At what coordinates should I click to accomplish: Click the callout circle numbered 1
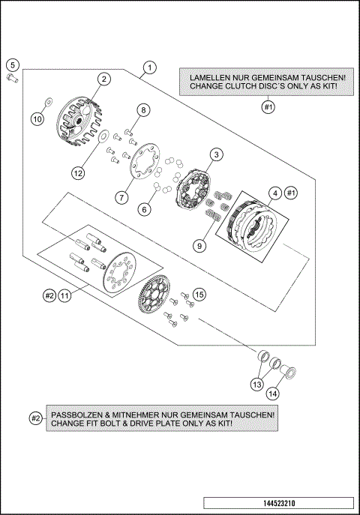150,67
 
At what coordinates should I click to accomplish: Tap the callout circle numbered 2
104,79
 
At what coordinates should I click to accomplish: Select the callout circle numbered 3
217,154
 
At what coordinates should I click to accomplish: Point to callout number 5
13,64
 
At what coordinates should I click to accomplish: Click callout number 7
121,197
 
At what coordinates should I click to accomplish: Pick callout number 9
199,245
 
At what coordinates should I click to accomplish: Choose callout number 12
78,172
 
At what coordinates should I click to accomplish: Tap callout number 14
273,393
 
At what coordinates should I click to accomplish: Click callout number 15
199,295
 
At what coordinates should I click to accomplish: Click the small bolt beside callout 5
12,79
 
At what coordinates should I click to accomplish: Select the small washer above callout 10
48,101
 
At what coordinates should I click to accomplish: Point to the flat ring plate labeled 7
145,161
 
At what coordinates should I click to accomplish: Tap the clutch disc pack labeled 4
252,226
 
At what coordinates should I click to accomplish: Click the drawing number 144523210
279,503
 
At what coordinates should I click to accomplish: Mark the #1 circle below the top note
268,107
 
